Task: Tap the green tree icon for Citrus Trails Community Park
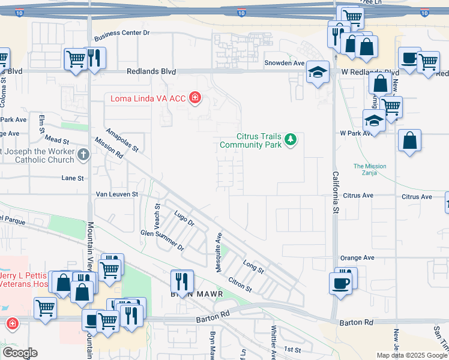[x=291, y=140]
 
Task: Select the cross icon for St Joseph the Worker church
[x=83, y=155]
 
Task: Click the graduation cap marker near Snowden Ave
[x=318, y=72]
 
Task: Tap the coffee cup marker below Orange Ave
[x=340, y=282]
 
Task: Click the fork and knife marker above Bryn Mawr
[x=181, y=280]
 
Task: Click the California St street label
[x=336, y=192]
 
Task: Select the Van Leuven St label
[x=117, y=194]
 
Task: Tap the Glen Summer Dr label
[x=162, y=239]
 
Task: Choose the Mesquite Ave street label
[x=219, y=253]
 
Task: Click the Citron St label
[x=240, y=284]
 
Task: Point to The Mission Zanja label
[x=370, y=170]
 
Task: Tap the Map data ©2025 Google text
[x=412, y=355]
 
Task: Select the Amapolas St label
[x=122, y=139]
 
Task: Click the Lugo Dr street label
[x=184, y=218]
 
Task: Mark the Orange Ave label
[x=357, y=258]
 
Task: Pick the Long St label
[x=253, y=266]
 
